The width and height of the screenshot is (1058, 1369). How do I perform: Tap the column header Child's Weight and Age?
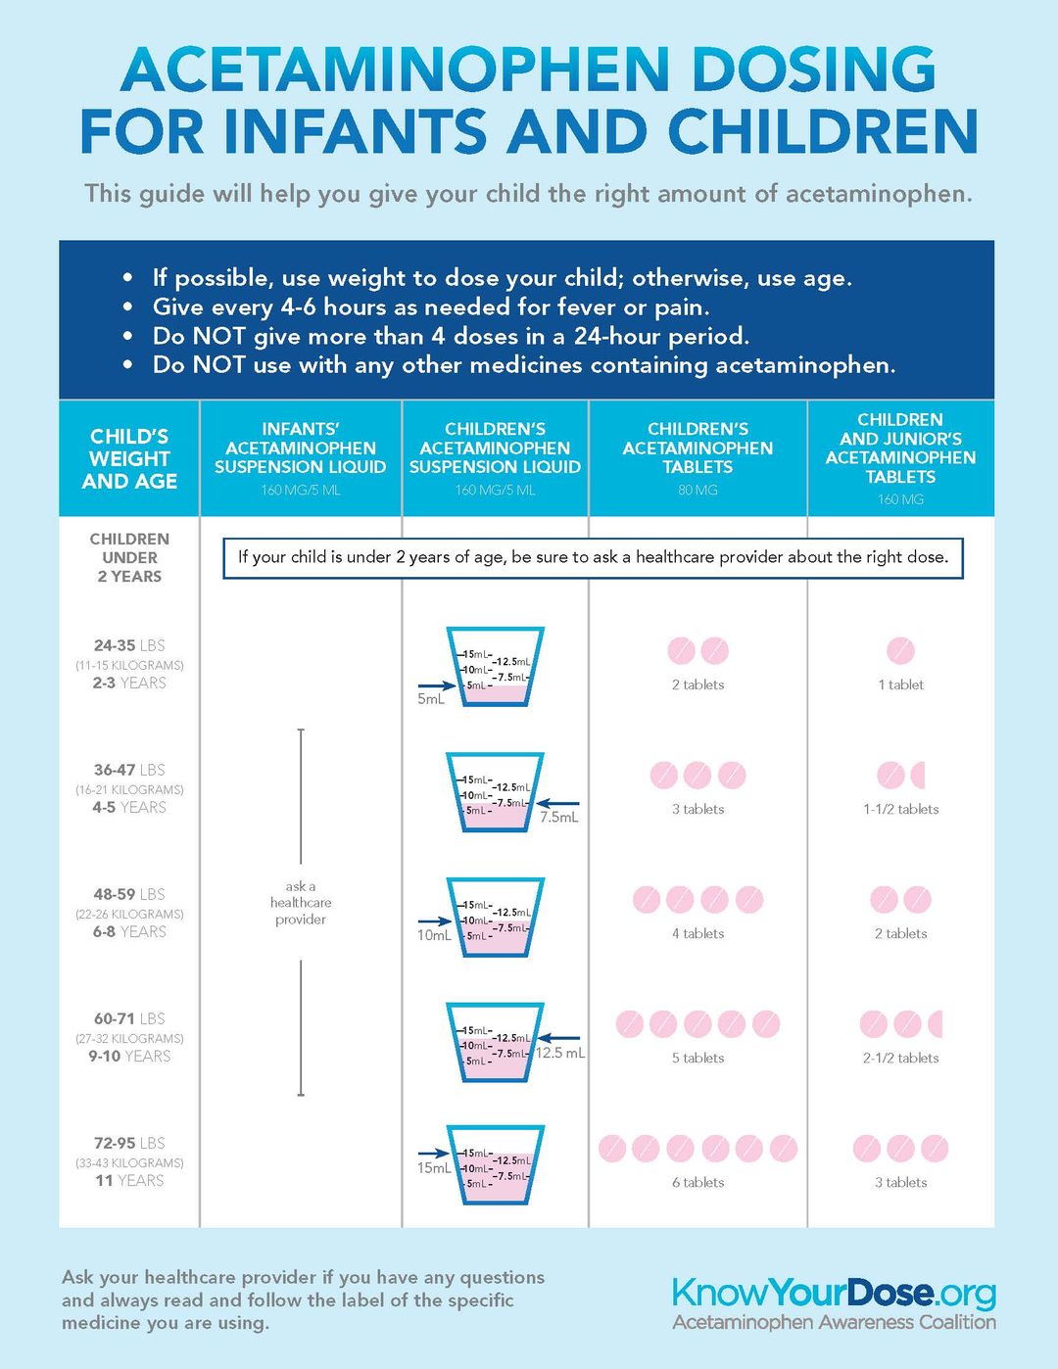pyautogui.click(x=129, y=458)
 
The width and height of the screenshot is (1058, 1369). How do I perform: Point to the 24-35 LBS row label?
pyautogui.click(x=129, y=646)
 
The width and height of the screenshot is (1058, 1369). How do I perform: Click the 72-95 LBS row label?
pyautogui.click(x=129, y=1144)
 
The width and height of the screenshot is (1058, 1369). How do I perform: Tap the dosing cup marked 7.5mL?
pyautogui.click(x=495, y=792)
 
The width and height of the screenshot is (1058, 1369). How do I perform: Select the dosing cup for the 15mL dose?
pyautogui.click(x=495, y=1165)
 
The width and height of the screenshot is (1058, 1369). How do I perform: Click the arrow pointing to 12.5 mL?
pyautogui.click(x=558, y=1038)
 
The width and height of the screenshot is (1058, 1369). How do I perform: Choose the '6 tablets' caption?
pyautogui.click(x=697, y=1183)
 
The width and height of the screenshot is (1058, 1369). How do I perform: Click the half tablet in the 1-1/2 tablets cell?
pyautogui.click(x=919, y=776)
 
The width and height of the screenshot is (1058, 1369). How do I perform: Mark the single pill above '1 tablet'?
pyautogui.click(x=900, y=650)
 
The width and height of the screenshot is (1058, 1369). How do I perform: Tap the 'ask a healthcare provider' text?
pyautogui.click(x=301, y=903)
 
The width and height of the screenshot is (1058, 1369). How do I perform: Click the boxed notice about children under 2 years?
pyautogui.click(x=593, y=557)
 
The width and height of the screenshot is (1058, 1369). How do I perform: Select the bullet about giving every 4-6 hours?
pyautogui.click(x=431, y=307)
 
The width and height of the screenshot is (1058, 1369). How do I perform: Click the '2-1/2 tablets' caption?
pyautogui.click(x=900, y=1059)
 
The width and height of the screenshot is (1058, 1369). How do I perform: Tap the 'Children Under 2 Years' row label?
pyautogui.click(x=129, y=557)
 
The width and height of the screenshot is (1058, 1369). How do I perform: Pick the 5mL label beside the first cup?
pyautogui.click(x=430, y=699)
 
